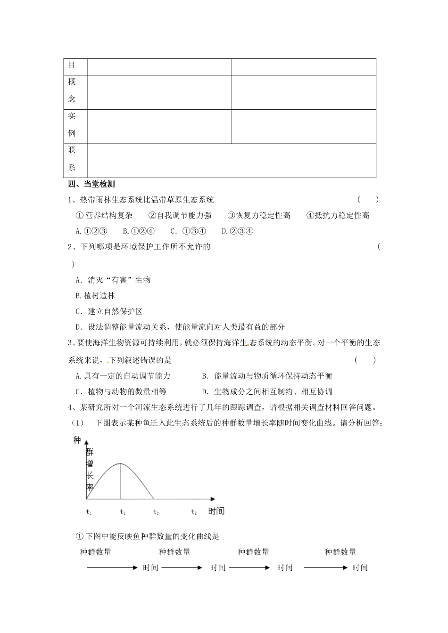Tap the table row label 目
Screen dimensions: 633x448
point(72,65)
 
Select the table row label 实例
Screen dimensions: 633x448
point(72,124)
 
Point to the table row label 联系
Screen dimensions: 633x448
point(72,159)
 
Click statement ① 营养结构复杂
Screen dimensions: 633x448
point(104,215)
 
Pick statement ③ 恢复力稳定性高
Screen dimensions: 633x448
point(259,215)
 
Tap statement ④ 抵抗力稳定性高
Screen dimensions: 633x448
point(338,215)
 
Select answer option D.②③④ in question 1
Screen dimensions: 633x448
point(238,231)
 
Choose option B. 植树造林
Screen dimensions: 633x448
point(95,296)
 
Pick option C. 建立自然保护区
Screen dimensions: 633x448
point(109,311)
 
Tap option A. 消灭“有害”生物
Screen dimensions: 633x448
point(113,280)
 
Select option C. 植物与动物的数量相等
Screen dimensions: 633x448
point(121,391)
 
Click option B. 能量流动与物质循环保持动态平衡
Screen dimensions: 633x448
point(267,376)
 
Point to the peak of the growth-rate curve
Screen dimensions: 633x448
point(120,463)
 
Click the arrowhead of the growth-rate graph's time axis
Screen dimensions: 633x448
point(212,498)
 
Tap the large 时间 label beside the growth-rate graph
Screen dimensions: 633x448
point(216,511)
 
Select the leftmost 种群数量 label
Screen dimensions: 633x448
point(96,552)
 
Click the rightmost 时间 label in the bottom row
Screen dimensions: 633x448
point(360,568)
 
